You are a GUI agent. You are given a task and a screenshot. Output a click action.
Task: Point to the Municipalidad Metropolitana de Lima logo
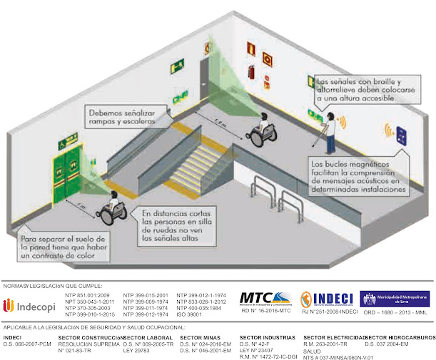point(393,299)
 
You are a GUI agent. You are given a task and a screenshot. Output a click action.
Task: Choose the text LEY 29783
point(136,351)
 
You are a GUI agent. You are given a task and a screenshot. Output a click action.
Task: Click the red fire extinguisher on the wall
point(250,71)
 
